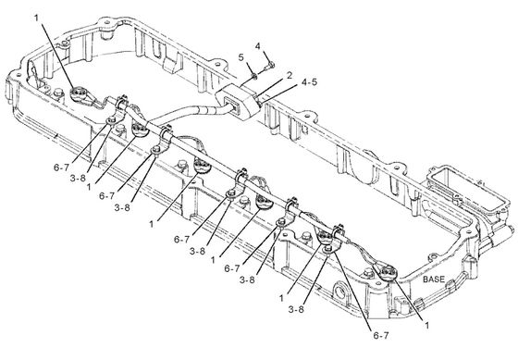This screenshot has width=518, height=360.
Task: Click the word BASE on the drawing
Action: [434, 279]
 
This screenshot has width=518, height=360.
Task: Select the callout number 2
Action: [290, 75]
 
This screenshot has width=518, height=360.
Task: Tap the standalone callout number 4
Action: [258, 46]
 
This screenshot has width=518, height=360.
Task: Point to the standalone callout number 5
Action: [241, 57]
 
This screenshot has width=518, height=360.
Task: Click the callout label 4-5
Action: [309, 82]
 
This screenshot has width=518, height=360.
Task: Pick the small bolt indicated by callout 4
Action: [269, 66]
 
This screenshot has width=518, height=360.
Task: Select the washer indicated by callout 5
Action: [254, 77]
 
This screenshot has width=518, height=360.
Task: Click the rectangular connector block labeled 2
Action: [238, 101]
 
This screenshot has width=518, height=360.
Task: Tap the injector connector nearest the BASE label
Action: [387, 272]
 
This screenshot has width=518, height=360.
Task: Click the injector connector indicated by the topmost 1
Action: [80, 95]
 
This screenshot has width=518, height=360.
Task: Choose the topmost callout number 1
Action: [37, 18]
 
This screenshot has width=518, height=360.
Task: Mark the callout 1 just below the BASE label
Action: [426, 325]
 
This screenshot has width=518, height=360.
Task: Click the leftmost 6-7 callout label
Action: [61, 168]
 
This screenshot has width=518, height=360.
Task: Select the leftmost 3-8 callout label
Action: [78, 179]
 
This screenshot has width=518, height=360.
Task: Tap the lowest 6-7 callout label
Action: [381, 336]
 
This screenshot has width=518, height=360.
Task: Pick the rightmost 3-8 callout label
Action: [296, 309]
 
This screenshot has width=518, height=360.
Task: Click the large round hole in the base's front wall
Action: [339, 291]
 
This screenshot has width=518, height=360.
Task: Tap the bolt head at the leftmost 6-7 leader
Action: [111, 120]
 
